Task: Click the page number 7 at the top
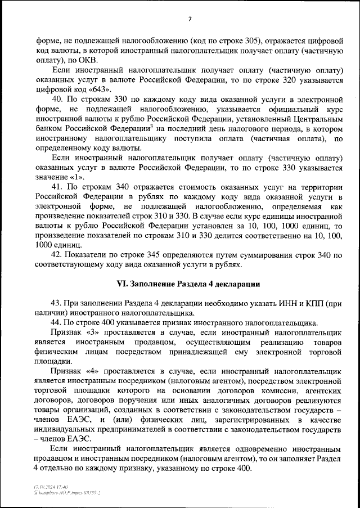[190, 19]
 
